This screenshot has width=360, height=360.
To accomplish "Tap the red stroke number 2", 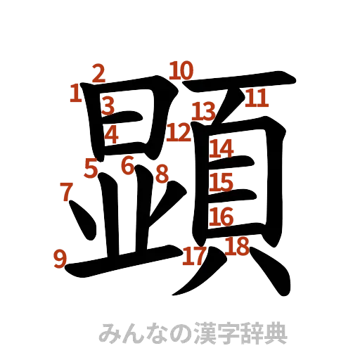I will click(x=98, y=72).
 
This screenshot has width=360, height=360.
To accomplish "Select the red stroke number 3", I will click(x=107, y=106).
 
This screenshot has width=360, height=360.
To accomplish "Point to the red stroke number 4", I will click(x=111, y=133).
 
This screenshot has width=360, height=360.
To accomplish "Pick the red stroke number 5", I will click(x=91, y=167).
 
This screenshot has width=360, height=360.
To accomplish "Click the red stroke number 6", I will click(x=127, y=166).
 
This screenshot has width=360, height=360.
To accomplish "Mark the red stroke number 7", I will click(x=66, y=190).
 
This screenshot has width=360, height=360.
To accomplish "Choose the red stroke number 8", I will click(x=162, y=174).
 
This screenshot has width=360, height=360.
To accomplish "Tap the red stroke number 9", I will click(x=60, y=259).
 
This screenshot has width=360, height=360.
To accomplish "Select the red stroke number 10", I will click(x=181, y=70).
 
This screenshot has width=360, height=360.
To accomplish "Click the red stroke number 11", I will click(x=257, y=99).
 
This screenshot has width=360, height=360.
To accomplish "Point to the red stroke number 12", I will click(x=180, y=131).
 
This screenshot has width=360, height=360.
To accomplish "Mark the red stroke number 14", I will click(x=221, y=148).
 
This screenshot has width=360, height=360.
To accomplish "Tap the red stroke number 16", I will click(x=221, y=216).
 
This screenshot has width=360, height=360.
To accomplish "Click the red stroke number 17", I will click(x=193, y=256).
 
